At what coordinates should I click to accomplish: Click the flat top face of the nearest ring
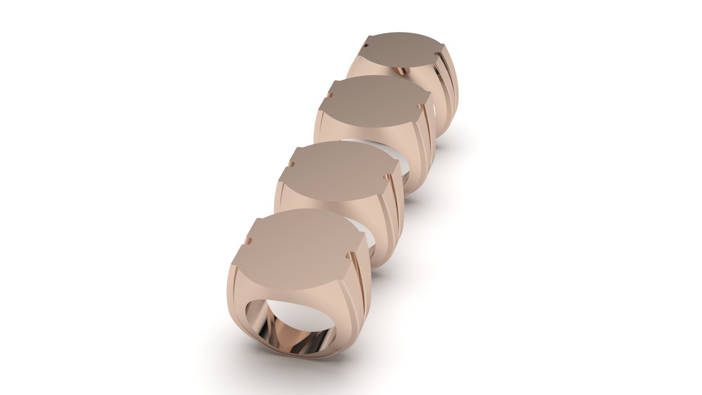(300, 249)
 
